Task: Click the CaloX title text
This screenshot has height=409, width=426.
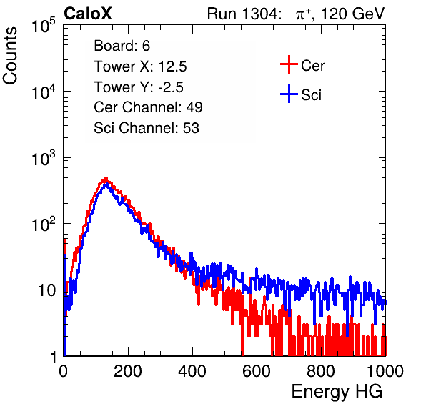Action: click(88, 14)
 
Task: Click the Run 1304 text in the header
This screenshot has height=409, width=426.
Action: click(242, 14)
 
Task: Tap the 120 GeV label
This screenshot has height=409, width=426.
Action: click(353, 14)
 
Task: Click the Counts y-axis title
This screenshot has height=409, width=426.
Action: click(10, 56)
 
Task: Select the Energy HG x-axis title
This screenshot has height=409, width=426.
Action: click(337, 391)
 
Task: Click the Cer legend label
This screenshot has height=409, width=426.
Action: click(312, 66)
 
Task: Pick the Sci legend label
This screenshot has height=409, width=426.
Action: click(311, 95)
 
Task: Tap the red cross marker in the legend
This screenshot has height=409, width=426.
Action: click(289, 64)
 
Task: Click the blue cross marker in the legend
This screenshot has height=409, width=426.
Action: click(289, 94)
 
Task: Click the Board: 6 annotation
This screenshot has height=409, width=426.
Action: click(122, 46)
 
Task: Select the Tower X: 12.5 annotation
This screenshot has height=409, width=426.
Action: click(140, 66)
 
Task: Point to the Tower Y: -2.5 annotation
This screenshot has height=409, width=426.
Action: click(139, 87)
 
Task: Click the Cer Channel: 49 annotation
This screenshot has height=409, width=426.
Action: click(148, 107)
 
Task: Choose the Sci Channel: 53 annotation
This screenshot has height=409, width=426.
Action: click(147, 128)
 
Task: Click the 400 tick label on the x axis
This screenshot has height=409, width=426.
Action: click(192, 371)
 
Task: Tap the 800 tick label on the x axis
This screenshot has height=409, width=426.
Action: click(321, 371)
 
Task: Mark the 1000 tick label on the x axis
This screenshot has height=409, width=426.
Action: click(385, 371)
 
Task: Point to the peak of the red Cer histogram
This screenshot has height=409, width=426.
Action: click(106, 178)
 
